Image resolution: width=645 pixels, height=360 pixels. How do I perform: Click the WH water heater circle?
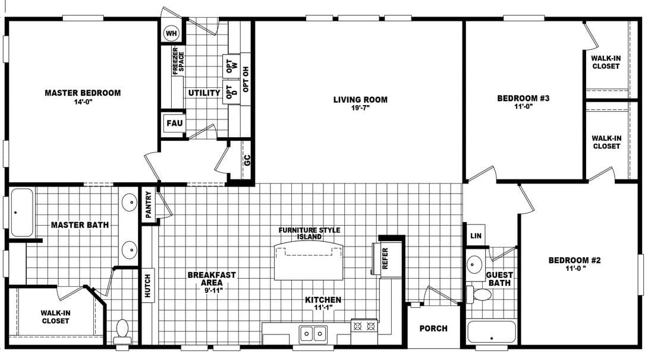171,33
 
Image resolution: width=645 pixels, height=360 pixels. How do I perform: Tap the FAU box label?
174,124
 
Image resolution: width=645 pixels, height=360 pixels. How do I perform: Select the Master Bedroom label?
83,93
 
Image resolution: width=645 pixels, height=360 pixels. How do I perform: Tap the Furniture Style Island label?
309,233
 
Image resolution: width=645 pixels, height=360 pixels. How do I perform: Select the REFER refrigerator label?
385,259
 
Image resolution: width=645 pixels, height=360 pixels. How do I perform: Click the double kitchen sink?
313,333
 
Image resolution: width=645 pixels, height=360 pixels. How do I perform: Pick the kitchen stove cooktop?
364,326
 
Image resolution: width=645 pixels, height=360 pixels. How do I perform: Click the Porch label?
433,328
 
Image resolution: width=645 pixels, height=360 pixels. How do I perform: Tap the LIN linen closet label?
476,236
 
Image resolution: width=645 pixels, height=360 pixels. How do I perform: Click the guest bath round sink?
475,265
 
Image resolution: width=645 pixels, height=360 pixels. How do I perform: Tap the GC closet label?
247,160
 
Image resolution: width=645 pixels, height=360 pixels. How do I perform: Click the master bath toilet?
122,330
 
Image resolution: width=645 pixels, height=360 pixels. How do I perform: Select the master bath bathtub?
21,212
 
